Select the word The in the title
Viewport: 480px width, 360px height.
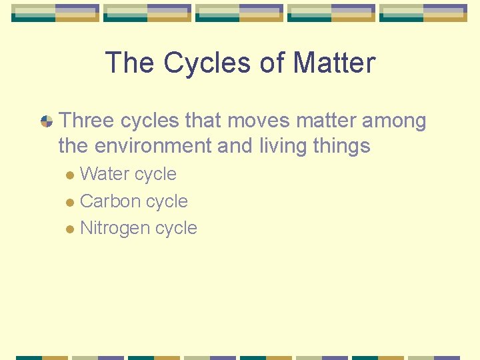click(131, 63)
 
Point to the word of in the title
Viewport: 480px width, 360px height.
click(274, 63)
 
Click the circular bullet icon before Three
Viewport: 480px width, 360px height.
click(47, 121)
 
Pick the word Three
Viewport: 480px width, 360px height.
click(87, 121)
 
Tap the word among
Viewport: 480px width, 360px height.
click(394, 121)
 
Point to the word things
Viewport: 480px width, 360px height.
click(344, 146)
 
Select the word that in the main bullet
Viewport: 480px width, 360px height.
click(203, 121)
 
